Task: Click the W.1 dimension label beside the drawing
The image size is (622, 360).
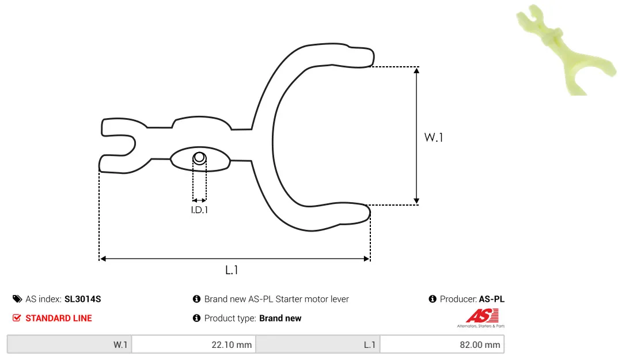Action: point(433,137)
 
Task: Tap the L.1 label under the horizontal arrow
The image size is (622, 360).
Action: point(232,270)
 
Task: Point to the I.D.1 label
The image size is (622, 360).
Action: point(199,210)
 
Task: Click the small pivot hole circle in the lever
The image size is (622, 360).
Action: point(199,158)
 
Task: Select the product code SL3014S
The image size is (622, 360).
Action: point(82,299)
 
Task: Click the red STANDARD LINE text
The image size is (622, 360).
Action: point(59,318)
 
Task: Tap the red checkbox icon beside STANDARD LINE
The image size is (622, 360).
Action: point(17,318)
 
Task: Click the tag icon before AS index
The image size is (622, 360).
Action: point(17,299)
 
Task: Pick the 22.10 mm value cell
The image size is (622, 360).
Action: point(194,344)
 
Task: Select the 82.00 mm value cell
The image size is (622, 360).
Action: point(442,344)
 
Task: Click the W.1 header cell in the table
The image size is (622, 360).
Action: point(70,344)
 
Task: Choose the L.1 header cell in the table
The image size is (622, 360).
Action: point(318,344)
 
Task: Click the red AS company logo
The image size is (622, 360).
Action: point(481,318)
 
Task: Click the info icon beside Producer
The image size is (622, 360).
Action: point(433,299)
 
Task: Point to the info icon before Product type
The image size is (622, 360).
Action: point(196,318)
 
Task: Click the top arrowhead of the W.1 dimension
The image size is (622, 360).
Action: point(416,71)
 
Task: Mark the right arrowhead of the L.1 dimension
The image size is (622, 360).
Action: point(366,259)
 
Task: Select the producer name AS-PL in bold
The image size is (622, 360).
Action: point(491,299)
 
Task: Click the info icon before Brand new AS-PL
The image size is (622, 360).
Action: point(196,299)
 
